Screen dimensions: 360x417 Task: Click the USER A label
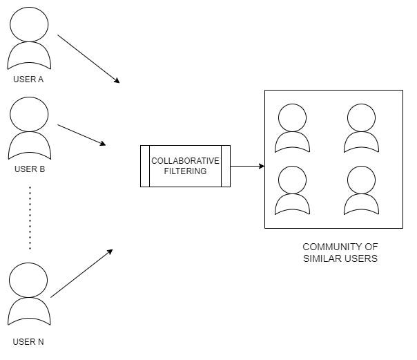point(28,79)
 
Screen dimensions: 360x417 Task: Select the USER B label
point(28,169)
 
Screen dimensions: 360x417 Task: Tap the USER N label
point(28,341)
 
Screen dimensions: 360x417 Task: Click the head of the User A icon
point(29,24)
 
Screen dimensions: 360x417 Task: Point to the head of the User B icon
point(29,114)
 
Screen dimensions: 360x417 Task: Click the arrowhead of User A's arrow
point(117,81)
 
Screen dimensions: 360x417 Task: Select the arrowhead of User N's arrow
point(110,252)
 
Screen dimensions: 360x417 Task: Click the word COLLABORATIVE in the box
point(185,161)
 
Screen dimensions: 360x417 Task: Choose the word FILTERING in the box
point(185,171)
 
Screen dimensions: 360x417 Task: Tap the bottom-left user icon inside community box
point(292,190)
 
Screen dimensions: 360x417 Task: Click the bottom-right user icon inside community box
point(361,190)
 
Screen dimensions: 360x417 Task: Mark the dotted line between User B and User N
point(30,217)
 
